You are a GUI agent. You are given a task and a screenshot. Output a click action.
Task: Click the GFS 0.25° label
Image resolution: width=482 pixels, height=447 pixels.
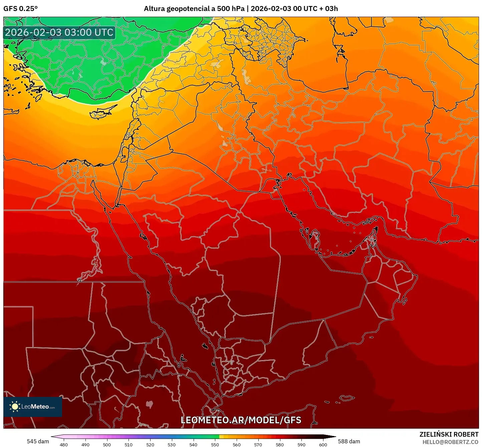pyautogui.click(x=20, y=9)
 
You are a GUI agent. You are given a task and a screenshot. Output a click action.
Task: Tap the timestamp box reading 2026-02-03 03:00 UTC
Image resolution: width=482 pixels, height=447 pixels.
pyautogui.click(x=59, y=33)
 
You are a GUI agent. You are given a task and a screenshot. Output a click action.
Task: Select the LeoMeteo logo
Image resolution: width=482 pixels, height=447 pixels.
pyautogui.click(x=33, y=407)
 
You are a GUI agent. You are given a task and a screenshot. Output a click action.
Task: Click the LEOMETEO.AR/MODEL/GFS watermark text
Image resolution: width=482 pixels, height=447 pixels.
pyautogui.click(x=241, y=420)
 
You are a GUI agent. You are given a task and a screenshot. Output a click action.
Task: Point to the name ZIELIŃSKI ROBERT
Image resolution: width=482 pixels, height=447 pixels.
pyautogui.click(x=449, y=434)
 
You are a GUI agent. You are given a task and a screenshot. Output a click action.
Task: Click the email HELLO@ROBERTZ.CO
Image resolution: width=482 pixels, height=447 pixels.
pyautogui.click(x=450, y=442)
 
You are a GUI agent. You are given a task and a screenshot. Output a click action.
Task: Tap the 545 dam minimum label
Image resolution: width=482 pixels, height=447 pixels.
pyautogui.click(x=38, y=441)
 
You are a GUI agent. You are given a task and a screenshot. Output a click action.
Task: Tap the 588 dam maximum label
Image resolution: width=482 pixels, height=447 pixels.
pyautogui.click(x=349, y=441)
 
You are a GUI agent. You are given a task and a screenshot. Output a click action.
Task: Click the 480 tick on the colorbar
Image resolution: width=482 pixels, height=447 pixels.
pyautogui.click(x=63, y=444)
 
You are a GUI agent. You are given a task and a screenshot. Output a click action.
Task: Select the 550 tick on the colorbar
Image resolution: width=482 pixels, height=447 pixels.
pyautogui.click(x=215, y=444)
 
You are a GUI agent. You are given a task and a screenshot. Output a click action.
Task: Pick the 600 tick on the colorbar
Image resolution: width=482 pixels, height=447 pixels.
pyautogui.click(x=323, y=444)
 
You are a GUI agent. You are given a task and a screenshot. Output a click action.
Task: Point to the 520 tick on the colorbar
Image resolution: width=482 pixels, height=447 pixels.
pyautogui.click(x=150, y=444)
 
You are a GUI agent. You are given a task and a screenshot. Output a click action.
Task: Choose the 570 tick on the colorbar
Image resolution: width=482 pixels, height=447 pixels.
pyautogui.click(x=258, y=444)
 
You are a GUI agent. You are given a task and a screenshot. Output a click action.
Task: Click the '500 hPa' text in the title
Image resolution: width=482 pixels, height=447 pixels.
pyautogui.click(x=231, y=9)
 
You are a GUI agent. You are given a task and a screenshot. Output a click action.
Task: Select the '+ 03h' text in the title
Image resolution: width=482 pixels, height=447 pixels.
pyautogui.click(x=328, y=9)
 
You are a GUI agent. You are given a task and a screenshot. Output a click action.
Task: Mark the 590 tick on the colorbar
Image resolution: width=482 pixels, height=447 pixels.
pyautogui.click(x=301, y=444)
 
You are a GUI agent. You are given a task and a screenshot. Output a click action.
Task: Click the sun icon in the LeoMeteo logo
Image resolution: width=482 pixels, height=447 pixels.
pyautogui.click(x=15, y=407)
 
